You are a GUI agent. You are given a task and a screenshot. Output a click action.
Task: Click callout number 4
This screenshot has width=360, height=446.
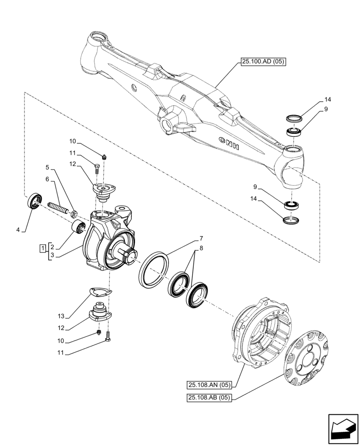pyautogui.click(x=18, y=230)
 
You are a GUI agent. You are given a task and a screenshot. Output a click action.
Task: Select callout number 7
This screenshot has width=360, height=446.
pyautogui.click(x=201, y=239)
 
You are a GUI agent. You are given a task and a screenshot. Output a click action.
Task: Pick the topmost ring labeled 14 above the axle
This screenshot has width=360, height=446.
pyautogui.click(x=294, y=118)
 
